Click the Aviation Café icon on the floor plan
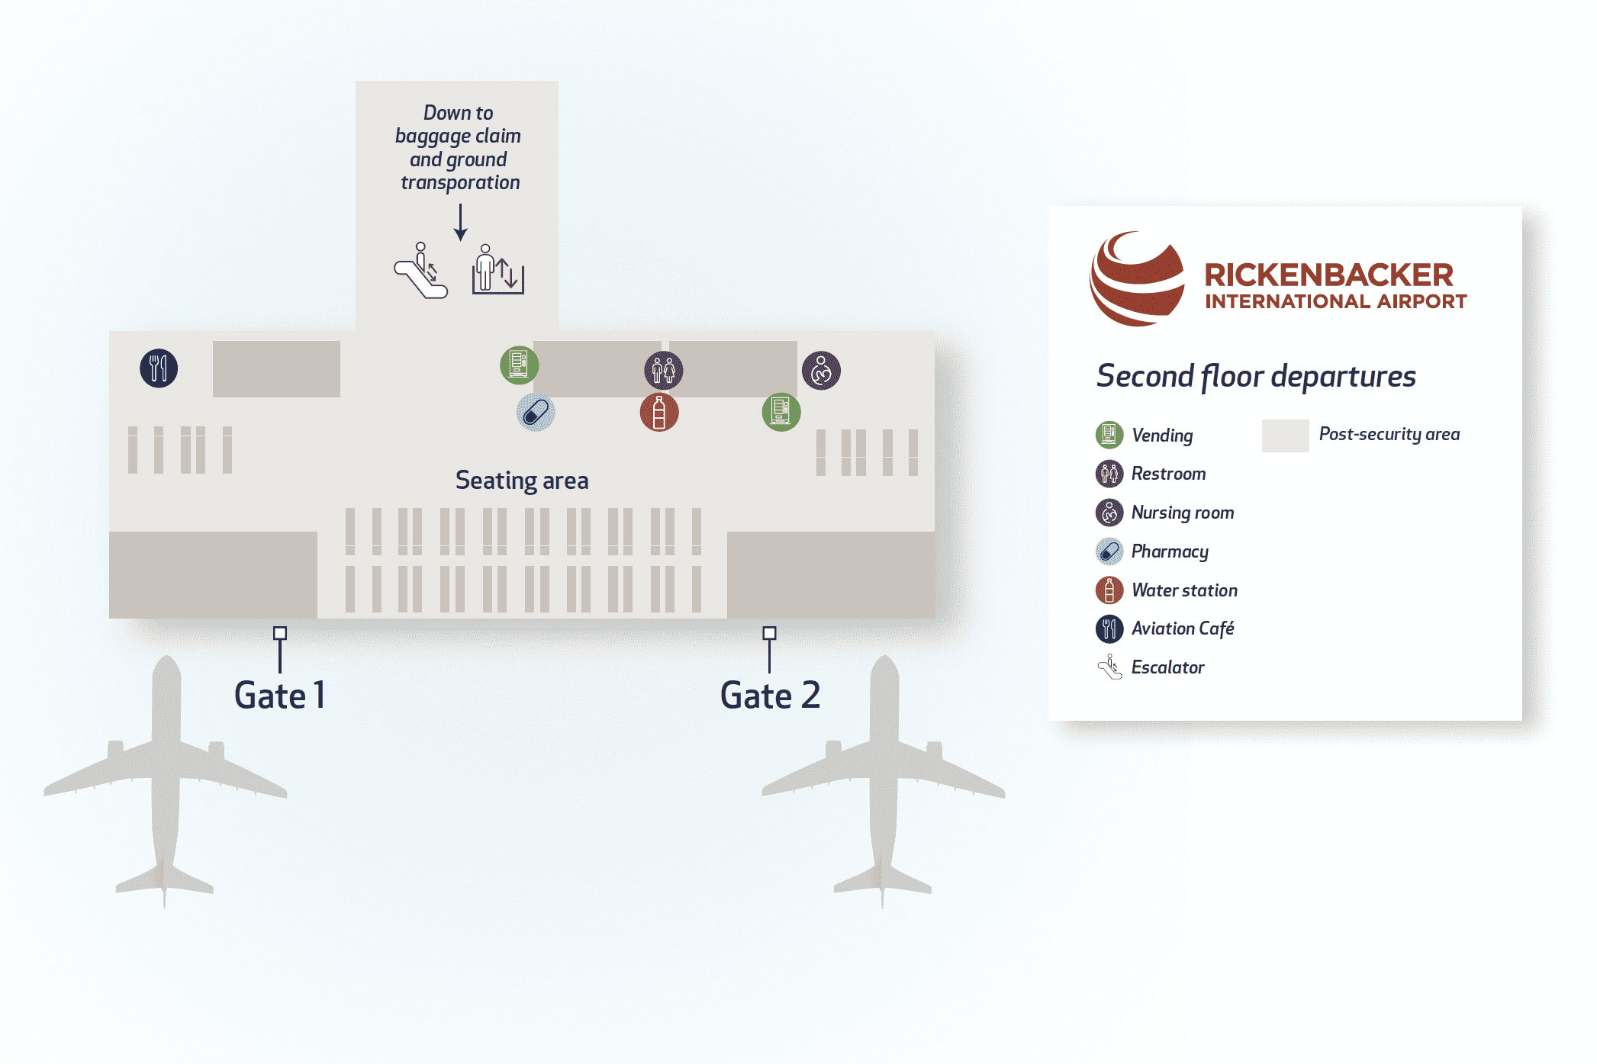click(159, 368)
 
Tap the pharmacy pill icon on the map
click(536, 413)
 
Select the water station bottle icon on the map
click(659, 413)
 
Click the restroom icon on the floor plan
click(663, 371)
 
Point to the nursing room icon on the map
click(821, 371)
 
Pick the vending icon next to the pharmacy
click(519, 364)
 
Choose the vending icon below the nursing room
click(781, 412)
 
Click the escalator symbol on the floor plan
click(420, 272)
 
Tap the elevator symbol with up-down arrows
click(497, 270)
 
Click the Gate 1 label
click(280, 696)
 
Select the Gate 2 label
click(770, 696)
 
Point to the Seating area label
click(522, 481)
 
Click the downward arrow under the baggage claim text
click(460, 223)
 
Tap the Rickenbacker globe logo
click(1137, 279)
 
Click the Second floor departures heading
click(1256, 377)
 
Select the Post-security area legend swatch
click(1285, 436)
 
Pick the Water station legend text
click(1184, 590)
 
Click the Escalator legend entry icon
click(1109, 667)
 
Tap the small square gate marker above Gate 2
click(769, 633)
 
